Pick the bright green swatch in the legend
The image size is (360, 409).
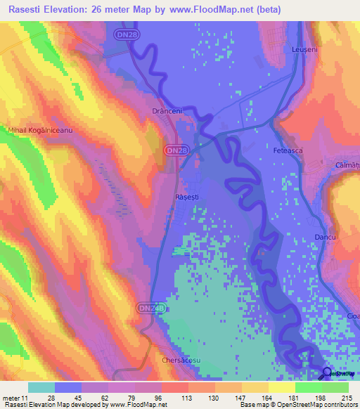(308, 387)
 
